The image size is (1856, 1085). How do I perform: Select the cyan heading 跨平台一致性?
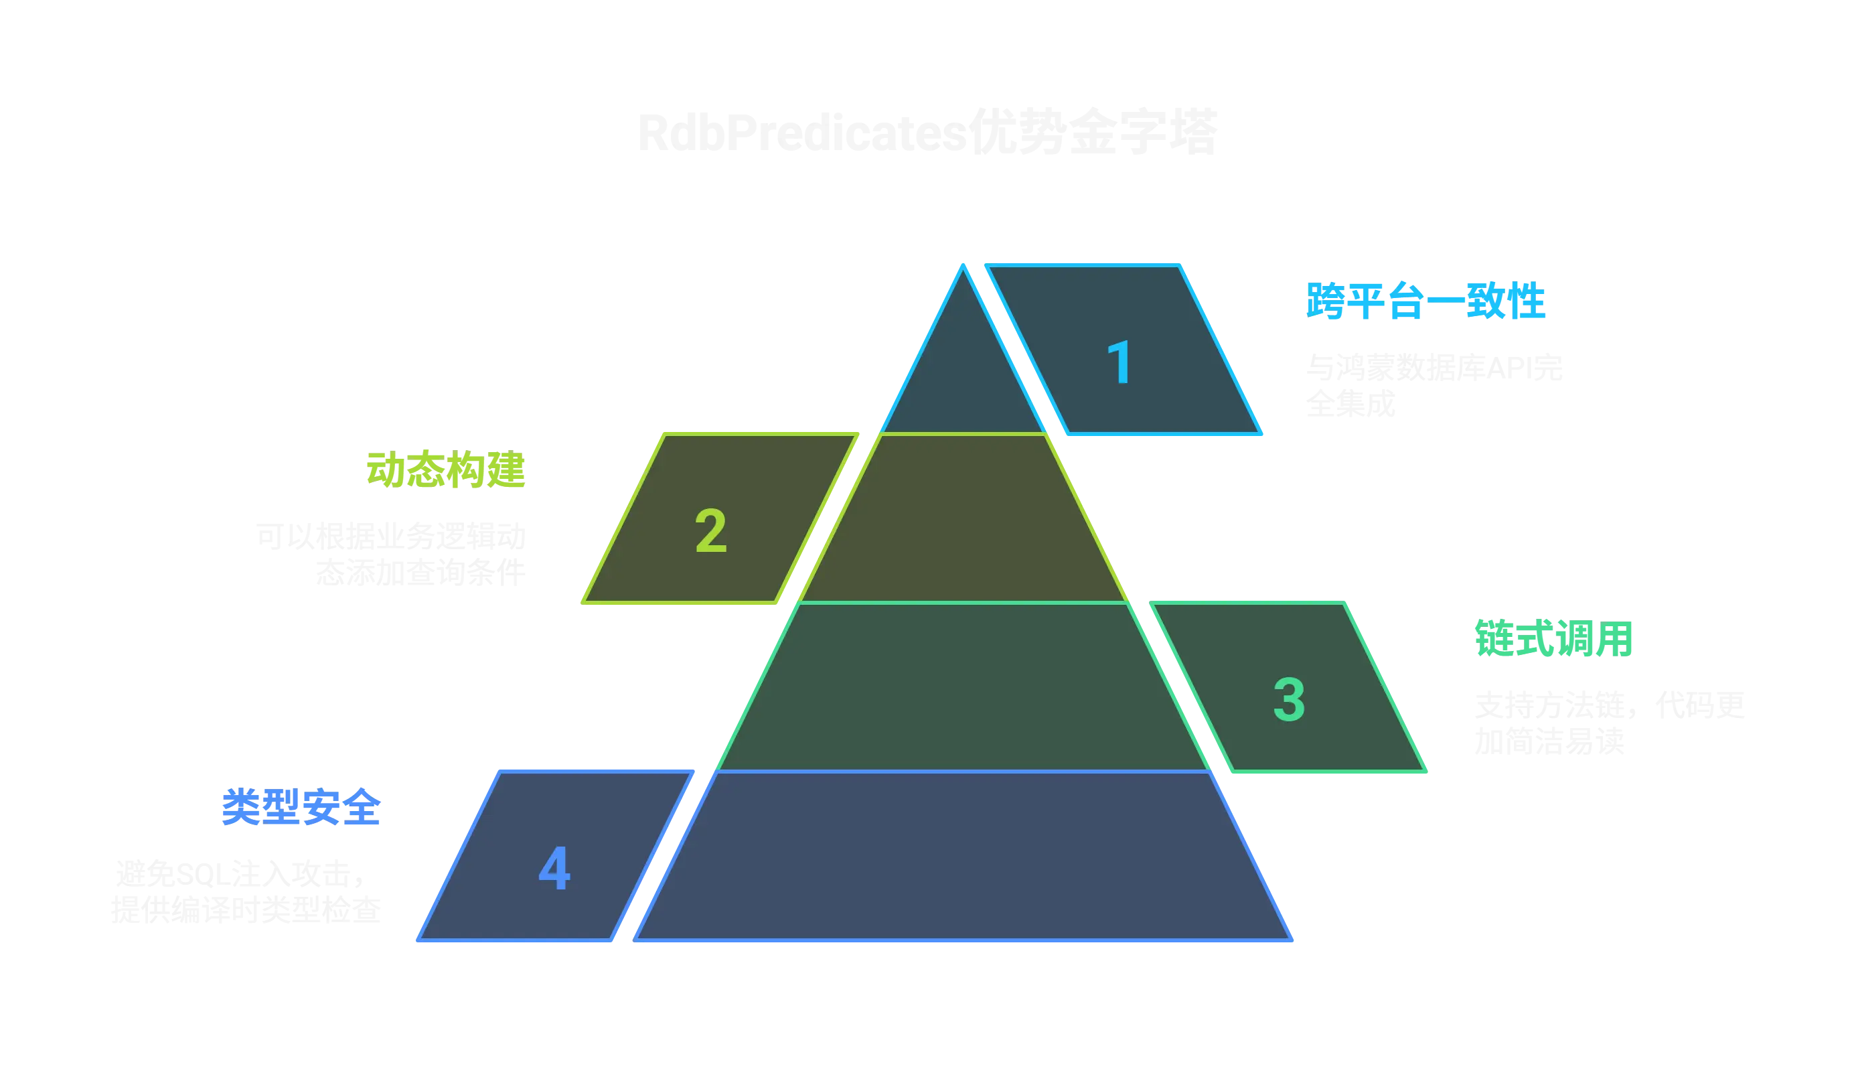[x=1425, y=301]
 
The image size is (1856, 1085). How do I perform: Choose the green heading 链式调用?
[x=1553, y=639]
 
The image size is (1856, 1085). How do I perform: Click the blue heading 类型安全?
[x=301, y=808]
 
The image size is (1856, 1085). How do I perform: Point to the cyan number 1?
[x=1119, y=362]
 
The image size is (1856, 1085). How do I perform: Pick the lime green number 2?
[x=711, y=531]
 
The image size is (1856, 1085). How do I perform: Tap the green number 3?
[x=1289, y=700]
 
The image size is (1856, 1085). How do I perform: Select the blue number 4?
[x=554, y=869]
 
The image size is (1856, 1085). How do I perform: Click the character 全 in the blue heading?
[x=362, y=808]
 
